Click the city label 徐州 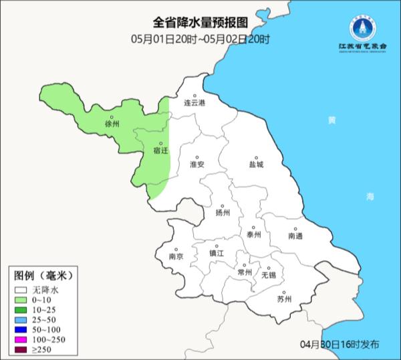click(x=112, y=124)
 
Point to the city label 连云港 click(x=196, y=103)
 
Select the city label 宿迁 click(x=161, y=151)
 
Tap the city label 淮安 click(x=196, y=164)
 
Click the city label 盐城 click(x=256, y=164)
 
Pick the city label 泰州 click(x=253, y=234)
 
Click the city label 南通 click(x=295, y=236)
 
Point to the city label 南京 click(x=176, y=256)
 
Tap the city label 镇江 click(x=217, y=254)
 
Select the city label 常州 click(x=245, y=272)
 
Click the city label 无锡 click(x=268, y=274)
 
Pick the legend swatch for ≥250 click(x=22, y=350)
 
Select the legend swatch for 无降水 click(x=22, y=290)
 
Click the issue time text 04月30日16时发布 click(x=340, y=344)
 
